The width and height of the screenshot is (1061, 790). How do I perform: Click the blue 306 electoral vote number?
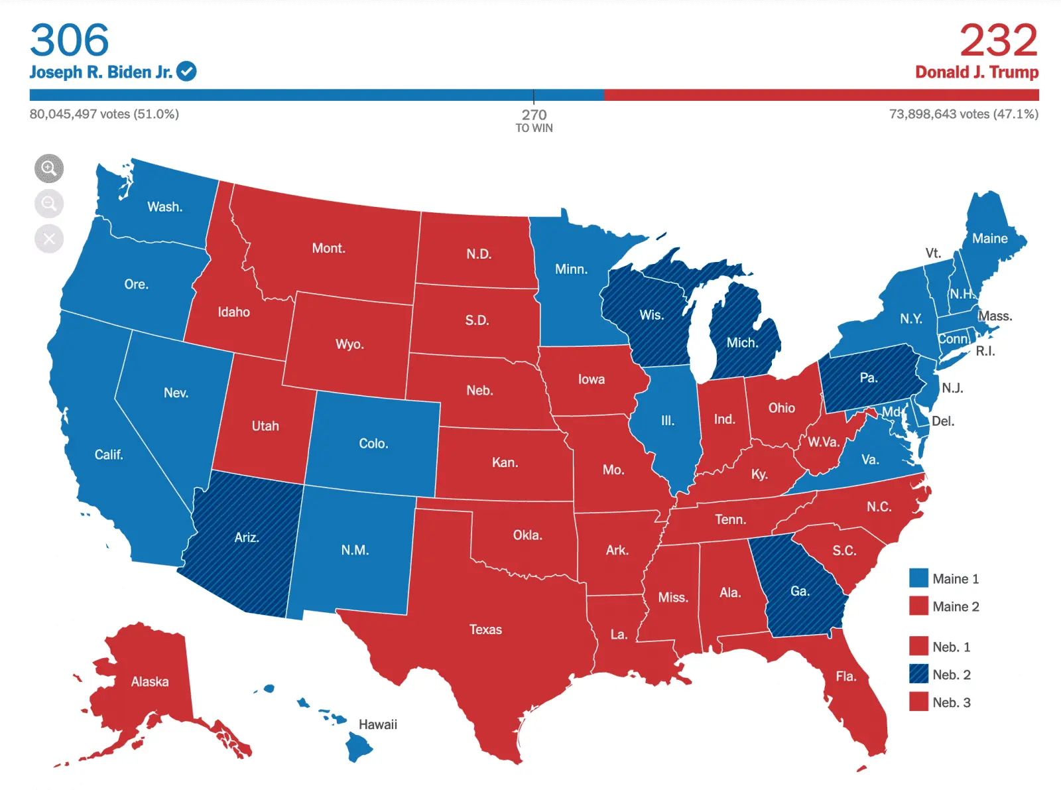(x=70, y=40)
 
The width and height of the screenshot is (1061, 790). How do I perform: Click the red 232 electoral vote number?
(x=998, y=40)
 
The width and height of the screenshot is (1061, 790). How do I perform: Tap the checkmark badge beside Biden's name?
(x=186, y=71)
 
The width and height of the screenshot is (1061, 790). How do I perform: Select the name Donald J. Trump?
(x=976, y=72)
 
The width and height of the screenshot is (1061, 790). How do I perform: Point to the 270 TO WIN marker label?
(x=534, y=120)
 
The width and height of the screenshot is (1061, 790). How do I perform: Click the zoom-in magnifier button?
(x=49, y=168)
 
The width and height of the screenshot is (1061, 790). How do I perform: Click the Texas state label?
(x=485, y=629)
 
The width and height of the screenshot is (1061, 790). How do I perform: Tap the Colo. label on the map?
(x=373, y=443)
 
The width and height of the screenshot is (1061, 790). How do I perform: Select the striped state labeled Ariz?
(x=246, y=537)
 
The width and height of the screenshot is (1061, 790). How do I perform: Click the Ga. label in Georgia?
(x=800, y=590)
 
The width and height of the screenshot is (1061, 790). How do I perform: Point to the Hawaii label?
(x=377, y=724)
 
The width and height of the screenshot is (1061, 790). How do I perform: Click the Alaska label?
(x=150, y=681)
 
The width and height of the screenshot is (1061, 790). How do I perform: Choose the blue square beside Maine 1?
(x=918, y=578)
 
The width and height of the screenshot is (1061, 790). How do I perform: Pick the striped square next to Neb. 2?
(x=918, y=674)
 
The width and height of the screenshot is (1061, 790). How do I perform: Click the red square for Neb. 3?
(x=918, y=702)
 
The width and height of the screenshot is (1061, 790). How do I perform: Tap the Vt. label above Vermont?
(x=933, y=253)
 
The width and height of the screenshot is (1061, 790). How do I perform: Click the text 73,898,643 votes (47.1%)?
(x=963, y=114)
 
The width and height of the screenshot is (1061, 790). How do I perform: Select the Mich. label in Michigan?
(x=742, y=343)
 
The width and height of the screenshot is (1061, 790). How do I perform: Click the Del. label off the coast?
(x=942, y=421)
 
